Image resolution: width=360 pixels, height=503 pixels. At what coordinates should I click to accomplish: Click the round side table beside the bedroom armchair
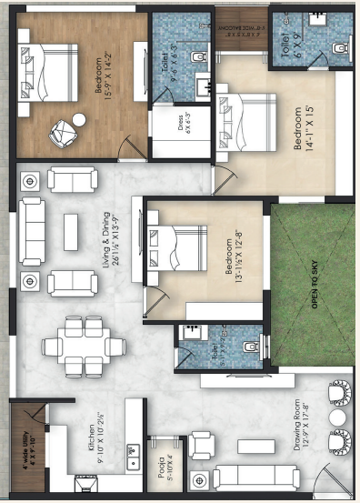tap(79, 119)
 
